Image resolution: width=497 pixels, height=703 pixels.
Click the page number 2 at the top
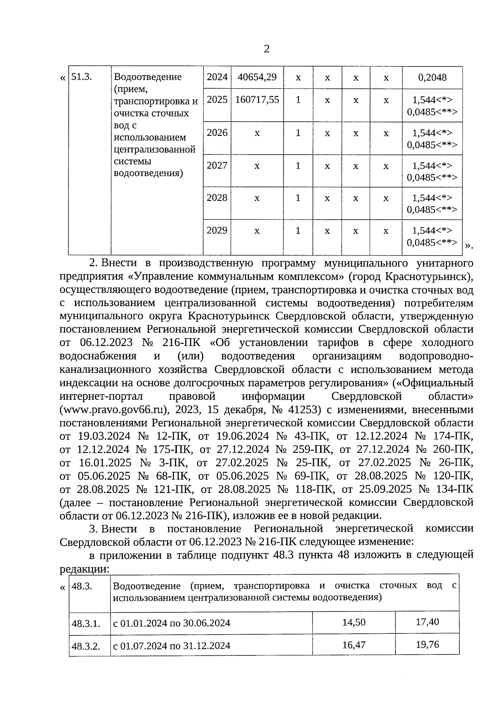[267, 49]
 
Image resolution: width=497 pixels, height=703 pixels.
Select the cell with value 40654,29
[257, 77]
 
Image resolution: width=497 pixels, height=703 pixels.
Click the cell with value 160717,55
[257, 100]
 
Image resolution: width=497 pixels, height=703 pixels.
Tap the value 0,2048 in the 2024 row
[432, 77]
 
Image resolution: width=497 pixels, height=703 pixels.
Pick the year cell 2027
[217, 166]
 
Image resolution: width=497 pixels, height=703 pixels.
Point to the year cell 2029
[217, 230]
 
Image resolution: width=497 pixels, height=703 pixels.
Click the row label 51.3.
[81, 77]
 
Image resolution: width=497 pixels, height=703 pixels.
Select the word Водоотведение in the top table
[147, 77]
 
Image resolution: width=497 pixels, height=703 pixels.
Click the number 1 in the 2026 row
[298, 133]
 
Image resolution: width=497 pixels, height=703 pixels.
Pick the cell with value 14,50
[354, 622]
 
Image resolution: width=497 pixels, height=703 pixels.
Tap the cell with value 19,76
[427, 645]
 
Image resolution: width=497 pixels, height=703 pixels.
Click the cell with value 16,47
[354, 645]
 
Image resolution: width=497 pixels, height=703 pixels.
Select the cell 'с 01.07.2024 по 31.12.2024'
[171, 645]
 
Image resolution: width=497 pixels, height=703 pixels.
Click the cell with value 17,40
[427, 622]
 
